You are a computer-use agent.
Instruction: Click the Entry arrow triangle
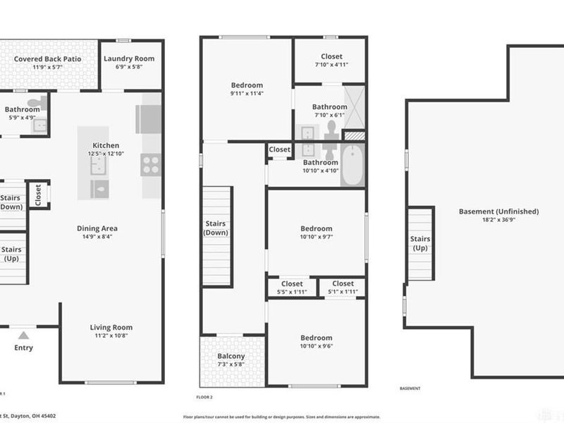(x=23, y=336)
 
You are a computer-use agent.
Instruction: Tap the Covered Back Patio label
(x=48, y=59)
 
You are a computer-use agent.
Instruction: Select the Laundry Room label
(x=129, y=59)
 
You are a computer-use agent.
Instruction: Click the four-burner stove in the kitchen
(x=151, y=164)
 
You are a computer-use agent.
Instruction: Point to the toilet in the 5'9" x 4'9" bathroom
(x=42, y=103)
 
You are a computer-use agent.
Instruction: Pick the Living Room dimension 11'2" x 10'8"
(x=111, y=336)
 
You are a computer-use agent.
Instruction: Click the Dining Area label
(x=97, y=228)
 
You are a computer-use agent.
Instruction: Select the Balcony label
(x=231, y=357)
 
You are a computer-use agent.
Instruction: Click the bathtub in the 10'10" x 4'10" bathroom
(x=352, y=165)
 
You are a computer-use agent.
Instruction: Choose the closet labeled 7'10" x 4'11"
(x=331, y=61)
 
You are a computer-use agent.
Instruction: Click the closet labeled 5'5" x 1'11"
(x=292, y=288)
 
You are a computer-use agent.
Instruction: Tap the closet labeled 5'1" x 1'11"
(x=343, y=288)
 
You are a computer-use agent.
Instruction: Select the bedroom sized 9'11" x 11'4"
(x=246, y=89)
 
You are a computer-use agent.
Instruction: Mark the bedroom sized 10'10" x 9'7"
(x=316, y=233)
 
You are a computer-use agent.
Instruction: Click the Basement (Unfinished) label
(x=498, y=211)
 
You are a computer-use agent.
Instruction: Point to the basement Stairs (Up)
(x=420, y=243)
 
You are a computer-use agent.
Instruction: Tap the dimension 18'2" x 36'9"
(x=498, y=220)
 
